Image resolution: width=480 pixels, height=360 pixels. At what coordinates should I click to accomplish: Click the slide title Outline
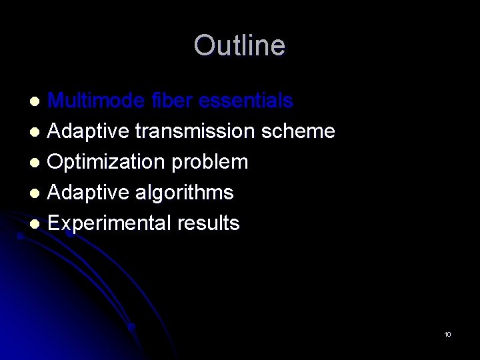tap(239, 46)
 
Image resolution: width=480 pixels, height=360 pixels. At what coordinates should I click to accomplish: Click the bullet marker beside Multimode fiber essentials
tap(37, 102)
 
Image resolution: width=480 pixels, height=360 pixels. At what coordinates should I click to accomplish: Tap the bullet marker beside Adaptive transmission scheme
tap(37, 133)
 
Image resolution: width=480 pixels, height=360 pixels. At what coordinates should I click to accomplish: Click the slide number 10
tap(447, 334)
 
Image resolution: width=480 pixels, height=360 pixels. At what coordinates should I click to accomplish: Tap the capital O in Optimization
tap(56, 162)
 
